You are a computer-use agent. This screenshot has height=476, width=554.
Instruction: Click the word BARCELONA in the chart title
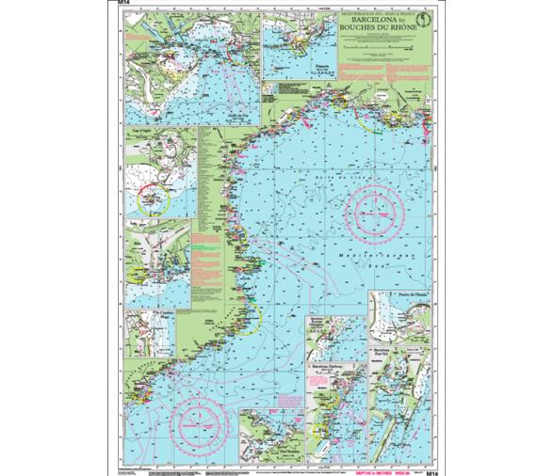click(x=368, y=18)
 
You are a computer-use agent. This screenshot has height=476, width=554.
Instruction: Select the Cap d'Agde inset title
click(x=138, y=137)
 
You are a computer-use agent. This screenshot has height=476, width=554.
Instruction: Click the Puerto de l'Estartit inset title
click(x=402, y=297)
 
